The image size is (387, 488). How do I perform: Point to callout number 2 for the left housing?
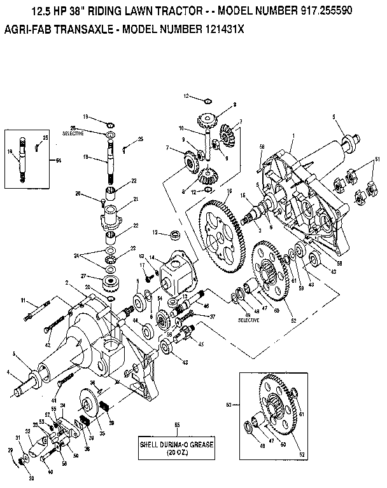(66, 282)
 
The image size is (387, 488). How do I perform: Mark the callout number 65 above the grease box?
(176, 424)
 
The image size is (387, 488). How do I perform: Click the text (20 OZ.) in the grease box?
(176, 452)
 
